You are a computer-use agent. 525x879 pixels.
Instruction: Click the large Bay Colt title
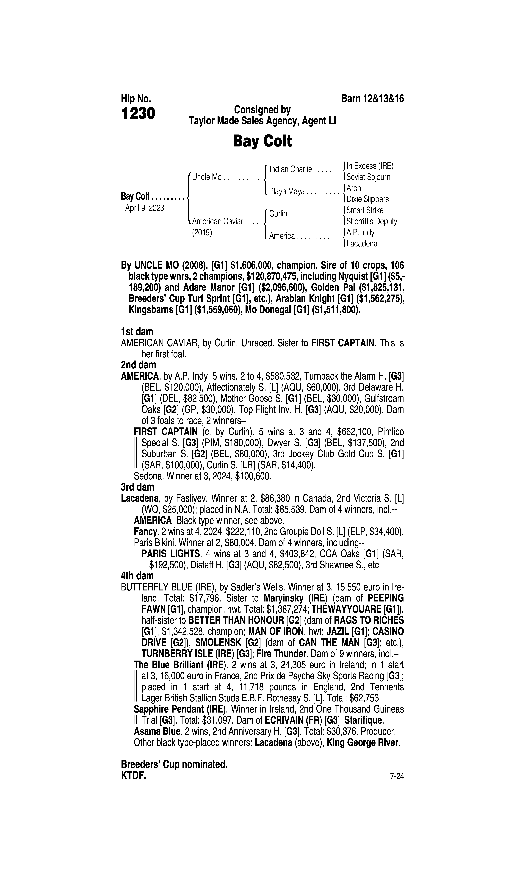pos(262,141)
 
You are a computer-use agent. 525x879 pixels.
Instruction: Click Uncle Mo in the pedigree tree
pos(207,177)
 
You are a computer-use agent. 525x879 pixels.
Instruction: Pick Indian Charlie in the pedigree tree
pos(290,169)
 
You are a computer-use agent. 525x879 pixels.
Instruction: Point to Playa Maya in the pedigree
pos(287,192)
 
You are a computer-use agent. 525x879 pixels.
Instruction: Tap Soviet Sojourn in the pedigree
pos(368,177)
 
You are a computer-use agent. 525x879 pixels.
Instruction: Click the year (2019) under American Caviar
pos(202,233)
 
